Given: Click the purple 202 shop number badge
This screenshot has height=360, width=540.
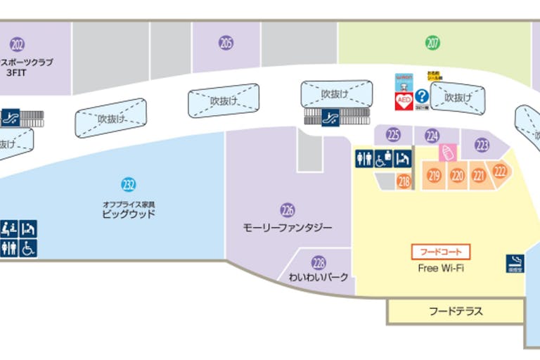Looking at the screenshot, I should pos(18,46).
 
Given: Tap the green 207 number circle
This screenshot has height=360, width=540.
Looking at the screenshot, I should pos(432,43).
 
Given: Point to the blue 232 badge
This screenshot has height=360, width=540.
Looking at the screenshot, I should pos(128,185).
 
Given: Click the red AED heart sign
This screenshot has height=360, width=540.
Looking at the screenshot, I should pos(404,99).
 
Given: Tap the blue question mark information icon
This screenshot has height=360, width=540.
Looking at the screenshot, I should pos(422,96).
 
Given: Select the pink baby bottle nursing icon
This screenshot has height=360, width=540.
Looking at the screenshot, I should pos(445,151).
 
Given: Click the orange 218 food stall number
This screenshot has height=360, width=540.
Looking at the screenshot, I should pos(404,181).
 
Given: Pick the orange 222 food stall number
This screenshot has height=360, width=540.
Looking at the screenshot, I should pos(500,171).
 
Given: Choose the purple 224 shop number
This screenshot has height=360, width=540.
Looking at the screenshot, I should pos(432,136).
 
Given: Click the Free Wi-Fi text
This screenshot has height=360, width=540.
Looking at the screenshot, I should pos(440,268).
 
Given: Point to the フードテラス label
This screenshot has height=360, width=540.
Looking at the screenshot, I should pos(456,311).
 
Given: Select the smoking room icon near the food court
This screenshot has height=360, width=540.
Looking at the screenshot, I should pos(514,262).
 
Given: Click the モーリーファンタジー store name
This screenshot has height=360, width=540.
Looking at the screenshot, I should pos(287,228).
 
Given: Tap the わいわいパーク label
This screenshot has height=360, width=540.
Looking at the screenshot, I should pos(319,277).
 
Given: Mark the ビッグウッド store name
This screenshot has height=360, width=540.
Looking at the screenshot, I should pos(128,213).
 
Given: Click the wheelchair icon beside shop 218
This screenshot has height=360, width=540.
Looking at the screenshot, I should pos(383,160).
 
